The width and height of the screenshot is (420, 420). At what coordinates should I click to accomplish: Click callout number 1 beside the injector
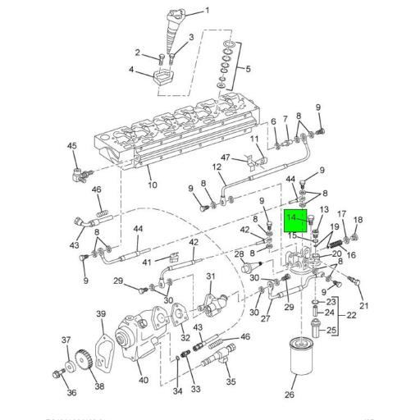[x=207, y=10]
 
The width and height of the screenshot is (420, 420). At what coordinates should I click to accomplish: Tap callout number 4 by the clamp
[x=131, y=70]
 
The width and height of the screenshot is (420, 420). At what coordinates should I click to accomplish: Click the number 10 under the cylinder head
[x=153, y=185]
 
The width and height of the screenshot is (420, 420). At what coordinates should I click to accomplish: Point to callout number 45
[x=72, y=147]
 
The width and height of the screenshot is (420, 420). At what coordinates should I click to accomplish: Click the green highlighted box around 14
[x=296, y=221]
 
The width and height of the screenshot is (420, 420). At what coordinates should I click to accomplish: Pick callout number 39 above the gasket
[x=101, y=314]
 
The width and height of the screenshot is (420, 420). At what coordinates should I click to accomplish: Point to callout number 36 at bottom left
[x=71, y=393]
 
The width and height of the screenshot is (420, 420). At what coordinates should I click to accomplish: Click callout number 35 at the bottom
[x=231, y=381]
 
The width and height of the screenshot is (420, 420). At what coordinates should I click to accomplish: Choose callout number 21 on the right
[x=364, y=307]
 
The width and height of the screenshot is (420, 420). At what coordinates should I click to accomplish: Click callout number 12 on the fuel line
[x=218, y=167]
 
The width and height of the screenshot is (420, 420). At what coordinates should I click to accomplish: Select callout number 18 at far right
[x=358, y=220]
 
